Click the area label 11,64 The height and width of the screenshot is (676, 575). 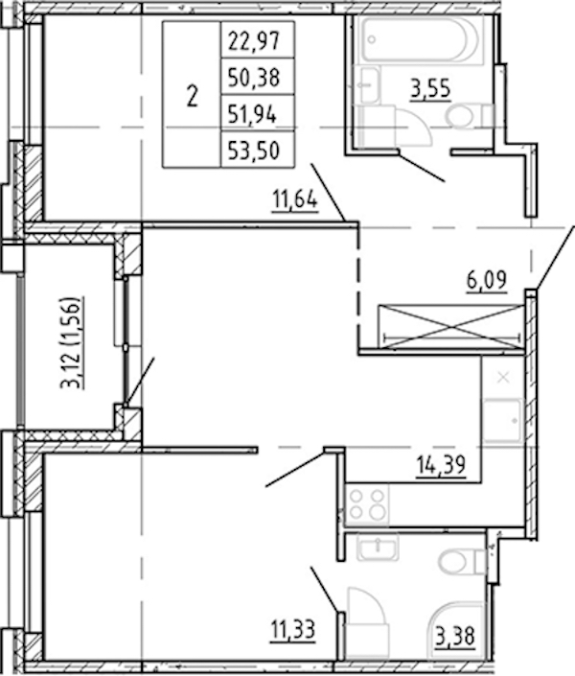tap(295, 201)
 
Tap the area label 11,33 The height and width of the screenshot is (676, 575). tap(293, 630)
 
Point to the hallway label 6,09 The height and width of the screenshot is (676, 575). tap(487, 281)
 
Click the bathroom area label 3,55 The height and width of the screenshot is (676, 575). tap(430, 89)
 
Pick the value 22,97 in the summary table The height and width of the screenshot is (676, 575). tap(254, 41)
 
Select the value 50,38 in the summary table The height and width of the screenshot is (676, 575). tap(254, 78)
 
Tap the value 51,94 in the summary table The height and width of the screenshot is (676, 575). tap(253, 115)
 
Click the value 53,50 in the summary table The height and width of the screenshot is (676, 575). tap(254, 151)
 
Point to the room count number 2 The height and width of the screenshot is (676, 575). tap(193, 96)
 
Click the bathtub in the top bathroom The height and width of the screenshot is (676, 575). tap(421, 38)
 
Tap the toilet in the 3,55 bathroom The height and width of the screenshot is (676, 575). tap(469, 116)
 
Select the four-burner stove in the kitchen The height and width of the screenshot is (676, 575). tap(367, 504)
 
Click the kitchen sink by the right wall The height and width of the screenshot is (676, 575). tap(502, 421)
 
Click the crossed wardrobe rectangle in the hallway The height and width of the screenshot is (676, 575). tap(450, 326)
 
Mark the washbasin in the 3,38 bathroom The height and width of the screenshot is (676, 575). tap(378, 548)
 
